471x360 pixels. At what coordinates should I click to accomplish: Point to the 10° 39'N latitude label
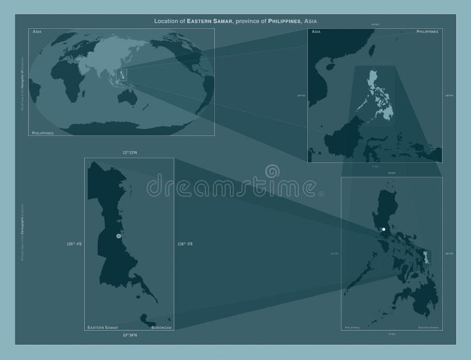point(130,335)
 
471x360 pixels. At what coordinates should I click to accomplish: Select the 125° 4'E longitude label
point(75,244)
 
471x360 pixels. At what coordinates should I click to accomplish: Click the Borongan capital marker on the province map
point(119,236)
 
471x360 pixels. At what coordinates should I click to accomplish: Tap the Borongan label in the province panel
point(161,326)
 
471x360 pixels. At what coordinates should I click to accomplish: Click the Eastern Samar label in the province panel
point(103,326)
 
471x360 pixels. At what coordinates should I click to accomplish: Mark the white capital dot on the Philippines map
point(383,229)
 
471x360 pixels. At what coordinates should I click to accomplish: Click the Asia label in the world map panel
point(37,30)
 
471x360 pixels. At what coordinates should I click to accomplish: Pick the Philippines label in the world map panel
point(43,133)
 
